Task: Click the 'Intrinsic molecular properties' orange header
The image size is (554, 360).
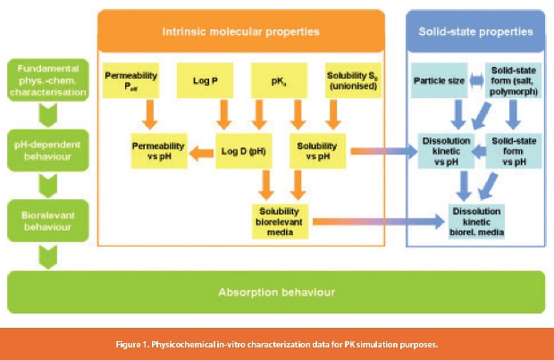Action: point(240,32)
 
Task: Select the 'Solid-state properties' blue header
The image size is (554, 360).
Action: point(476,32)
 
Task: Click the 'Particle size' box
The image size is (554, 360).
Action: point(438,82)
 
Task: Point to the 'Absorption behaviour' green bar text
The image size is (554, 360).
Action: point(277,292)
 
